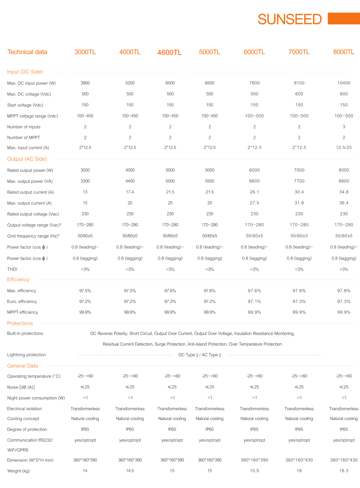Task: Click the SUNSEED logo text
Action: click(x=289, y=19)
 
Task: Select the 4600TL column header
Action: click(x=169, y=52)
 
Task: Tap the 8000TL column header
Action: click(x=344, y=52)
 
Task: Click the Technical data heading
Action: click(x=27, y=52)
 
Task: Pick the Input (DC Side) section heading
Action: click(x=25, y=72)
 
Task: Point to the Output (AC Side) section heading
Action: click(x=27, y=159)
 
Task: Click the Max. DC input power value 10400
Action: click(x=344, y=83)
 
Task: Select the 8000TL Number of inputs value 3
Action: click(x=344, y=127)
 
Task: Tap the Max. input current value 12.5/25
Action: click(x=344, y=147)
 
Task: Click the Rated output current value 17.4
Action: click(x=130, y=192)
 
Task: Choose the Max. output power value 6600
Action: click(x=254, y=181)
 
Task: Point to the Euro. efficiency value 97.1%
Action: click(x=254, y=301)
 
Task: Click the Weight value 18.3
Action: click(x=344, y=471)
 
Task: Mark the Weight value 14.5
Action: click(x=130, y=471)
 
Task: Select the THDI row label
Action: click(x=13, y=269)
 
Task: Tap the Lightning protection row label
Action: click(x=27, y=355)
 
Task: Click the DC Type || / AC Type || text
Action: click(x=199, y=355)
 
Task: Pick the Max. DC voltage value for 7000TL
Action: click(x=299, y=94)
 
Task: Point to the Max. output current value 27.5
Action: click(x=254, y=203)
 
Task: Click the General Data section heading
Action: click(x=23, y=366)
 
